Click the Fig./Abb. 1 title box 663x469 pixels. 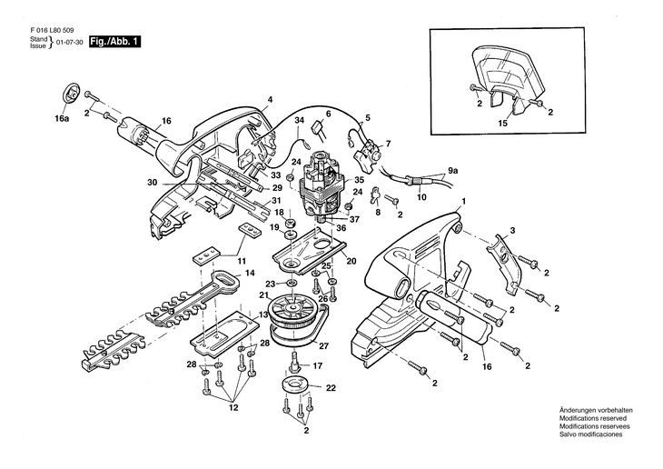(114, 43)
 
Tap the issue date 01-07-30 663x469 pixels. (70, 42)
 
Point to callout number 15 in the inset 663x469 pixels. (502, 122)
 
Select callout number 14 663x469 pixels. (249, 273)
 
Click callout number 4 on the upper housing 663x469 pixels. (270, 101)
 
